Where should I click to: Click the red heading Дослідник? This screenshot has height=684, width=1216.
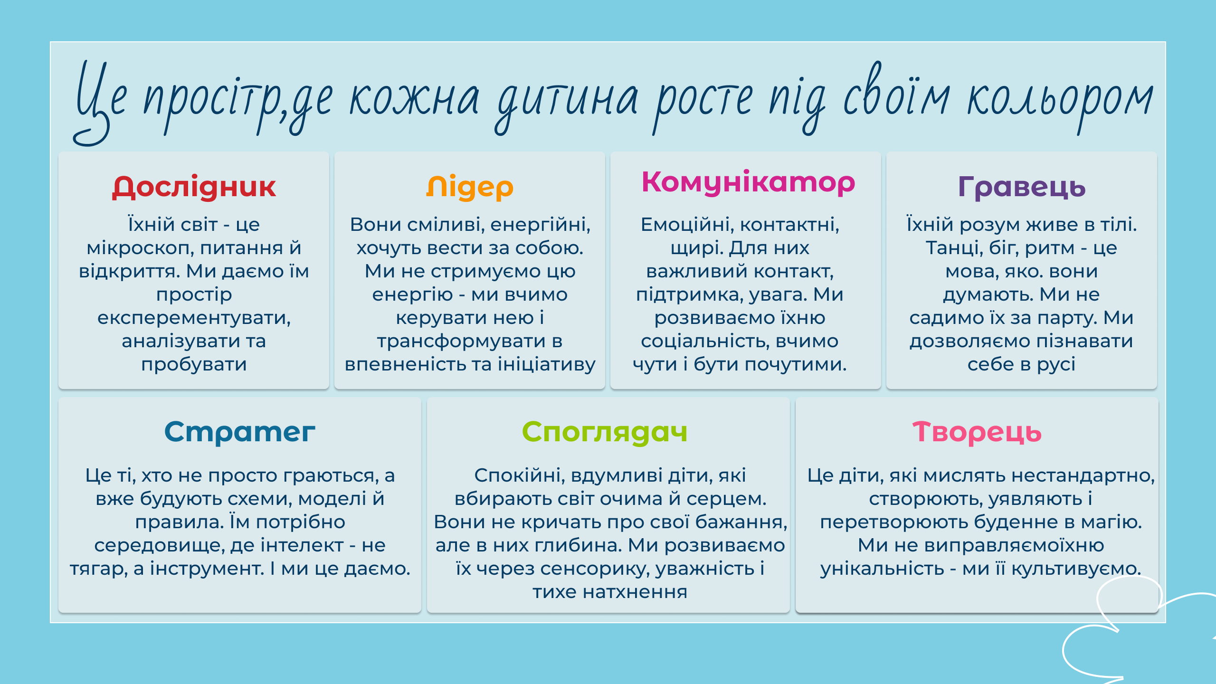click(x=194, y=187)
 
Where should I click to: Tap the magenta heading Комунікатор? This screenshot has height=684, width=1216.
click(x=748, y=183)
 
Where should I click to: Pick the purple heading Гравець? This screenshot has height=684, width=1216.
click(x=1022, y=188)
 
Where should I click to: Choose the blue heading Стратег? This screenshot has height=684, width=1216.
click(x=240, y=432)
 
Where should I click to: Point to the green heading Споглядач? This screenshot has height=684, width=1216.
click(x=605, y=433)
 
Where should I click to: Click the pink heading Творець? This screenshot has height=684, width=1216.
click(x=977, y=433)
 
